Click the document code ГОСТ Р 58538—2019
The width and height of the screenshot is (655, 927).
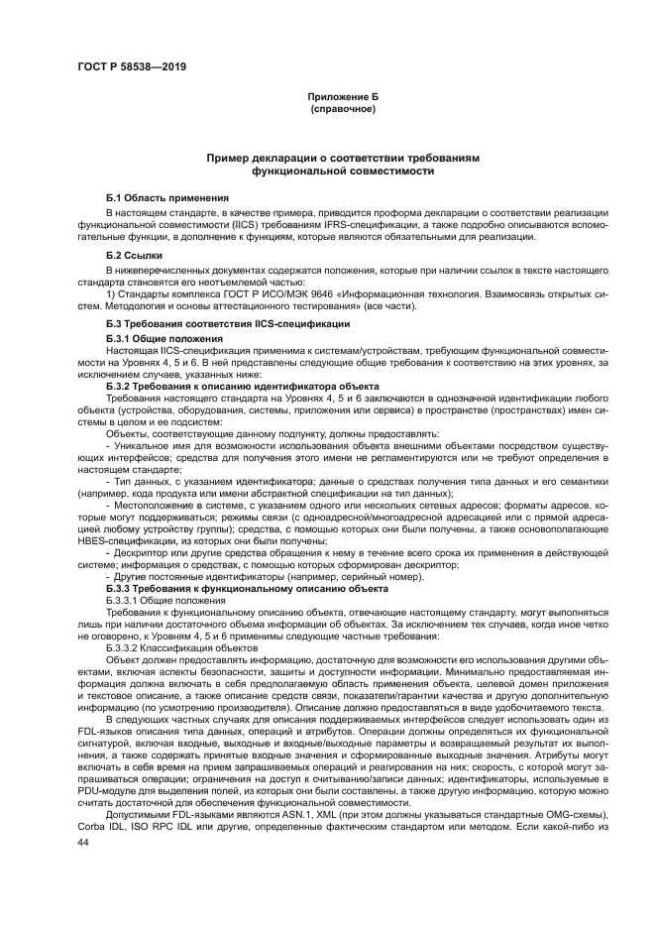pos(132,66)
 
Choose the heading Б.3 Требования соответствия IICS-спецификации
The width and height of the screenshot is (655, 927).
pos(227,324)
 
